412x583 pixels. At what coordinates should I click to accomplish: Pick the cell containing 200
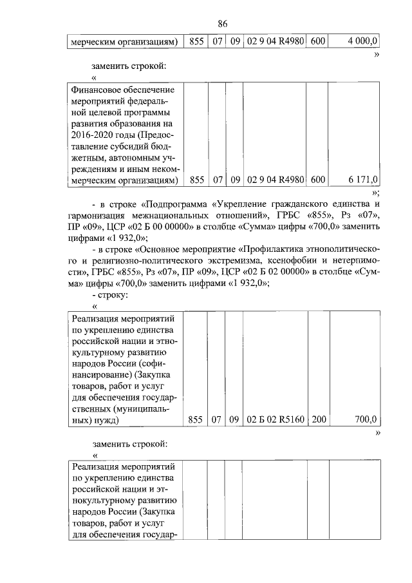coord(319,420)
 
